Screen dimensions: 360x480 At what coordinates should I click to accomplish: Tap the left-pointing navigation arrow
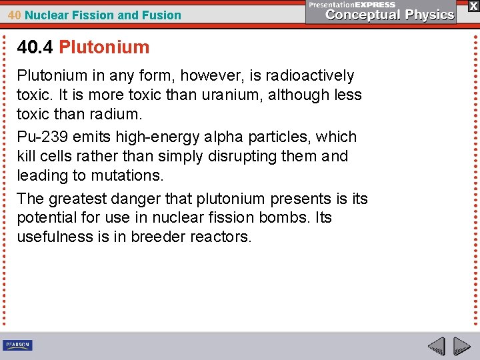coord(436,346)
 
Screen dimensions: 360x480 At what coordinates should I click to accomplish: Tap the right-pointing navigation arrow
coord(461,346)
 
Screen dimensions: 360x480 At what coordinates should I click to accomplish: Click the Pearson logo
coord(17,345)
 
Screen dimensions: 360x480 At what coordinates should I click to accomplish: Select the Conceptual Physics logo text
coord(391,15)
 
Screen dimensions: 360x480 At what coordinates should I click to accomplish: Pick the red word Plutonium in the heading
coord(104,47)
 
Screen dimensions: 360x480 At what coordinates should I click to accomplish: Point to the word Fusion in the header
coord(162,15)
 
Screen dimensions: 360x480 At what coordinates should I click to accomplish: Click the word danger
coord(137,199)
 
